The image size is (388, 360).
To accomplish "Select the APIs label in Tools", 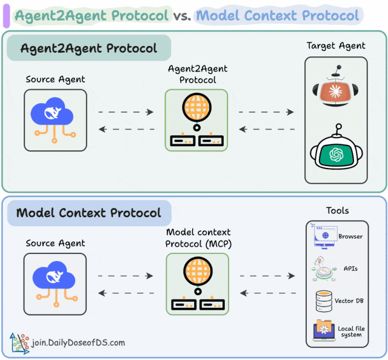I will (350, 268).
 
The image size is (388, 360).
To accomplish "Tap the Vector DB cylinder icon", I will (324, 300).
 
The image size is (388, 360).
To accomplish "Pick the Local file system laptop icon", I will (324, 330).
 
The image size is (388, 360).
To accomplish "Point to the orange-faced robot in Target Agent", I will (336, 88).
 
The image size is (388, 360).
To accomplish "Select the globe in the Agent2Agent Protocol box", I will (196, 110).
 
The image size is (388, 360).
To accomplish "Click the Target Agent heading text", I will (336, 45).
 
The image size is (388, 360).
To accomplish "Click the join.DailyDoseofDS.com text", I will (79, 342).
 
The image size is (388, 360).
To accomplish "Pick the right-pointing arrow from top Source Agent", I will (125, 112).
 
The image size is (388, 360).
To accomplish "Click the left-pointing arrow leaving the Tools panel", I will (267, 293).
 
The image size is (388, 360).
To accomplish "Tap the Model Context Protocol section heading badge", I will (89, 213).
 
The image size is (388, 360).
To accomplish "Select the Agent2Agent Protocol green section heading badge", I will (89, 48).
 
